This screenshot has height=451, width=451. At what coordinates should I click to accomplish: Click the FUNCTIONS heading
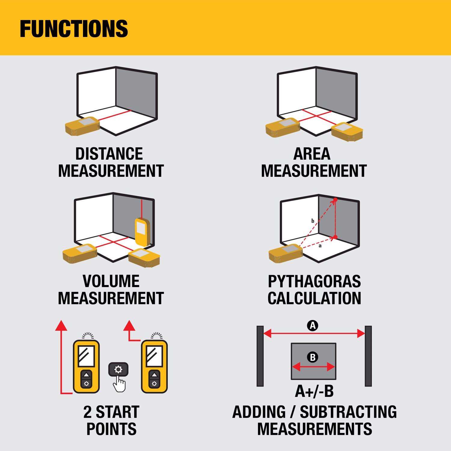[x=74, y=29]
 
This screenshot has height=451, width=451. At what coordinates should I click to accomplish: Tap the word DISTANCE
[x=109, y=154]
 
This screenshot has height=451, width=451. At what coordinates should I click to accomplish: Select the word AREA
[x=312, y=154]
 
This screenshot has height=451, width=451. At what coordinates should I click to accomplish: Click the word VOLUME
[x=111, y=281]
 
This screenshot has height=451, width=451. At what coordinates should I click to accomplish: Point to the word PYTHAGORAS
[x=314, y=281]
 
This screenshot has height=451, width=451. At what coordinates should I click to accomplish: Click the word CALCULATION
[x=314, y=298]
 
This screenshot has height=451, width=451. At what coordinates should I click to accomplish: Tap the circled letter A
[x=313, y=326]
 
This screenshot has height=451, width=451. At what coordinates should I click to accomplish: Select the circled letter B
[x=313, y=357]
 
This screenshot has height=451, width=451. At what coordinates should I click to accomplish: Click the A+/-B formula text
[x=314, y=391]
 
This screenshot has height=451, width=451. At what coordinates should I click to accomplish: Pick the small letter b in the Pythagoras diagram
[x=313, y=221]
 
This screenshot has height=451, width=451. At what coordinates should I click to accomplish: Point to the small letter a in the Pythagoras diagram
[x=320, y=246]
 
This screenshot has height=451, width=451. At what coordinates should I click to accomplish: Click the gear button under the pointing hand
[x=118, y=369]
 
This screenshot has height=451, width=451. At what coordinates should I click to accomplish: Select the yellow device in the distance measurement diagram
[x=82, y=125]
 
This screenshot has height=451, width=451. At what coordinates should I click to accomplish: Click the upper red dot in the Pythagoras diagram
[x=335, y=199]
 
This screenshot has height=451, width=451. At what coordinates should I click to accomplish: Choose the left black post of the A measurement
[x=260, y=356]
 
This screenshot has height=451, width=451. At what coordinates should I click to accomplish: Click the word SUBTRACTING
[x=348, y=412]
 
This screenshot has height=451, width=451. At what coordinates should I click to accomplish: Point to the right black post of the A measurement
[x=368, y=356]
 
